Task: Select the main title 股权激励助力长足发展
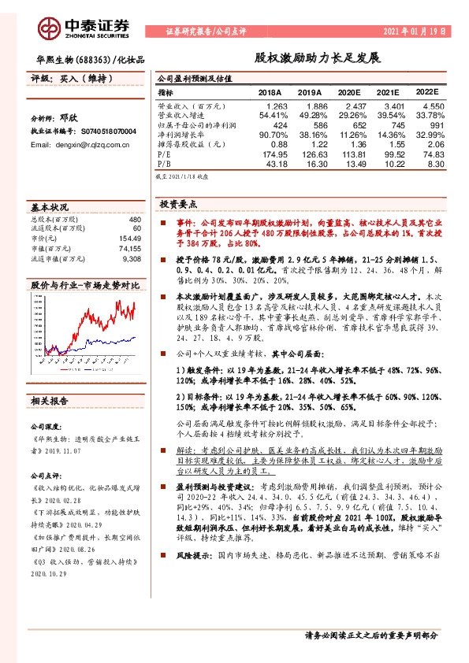click(317, 59)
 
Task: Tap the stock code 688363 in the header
click(92, 59)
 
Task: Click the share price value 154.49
click(128, 238)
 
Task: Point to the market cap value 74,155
click(128, 247)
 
